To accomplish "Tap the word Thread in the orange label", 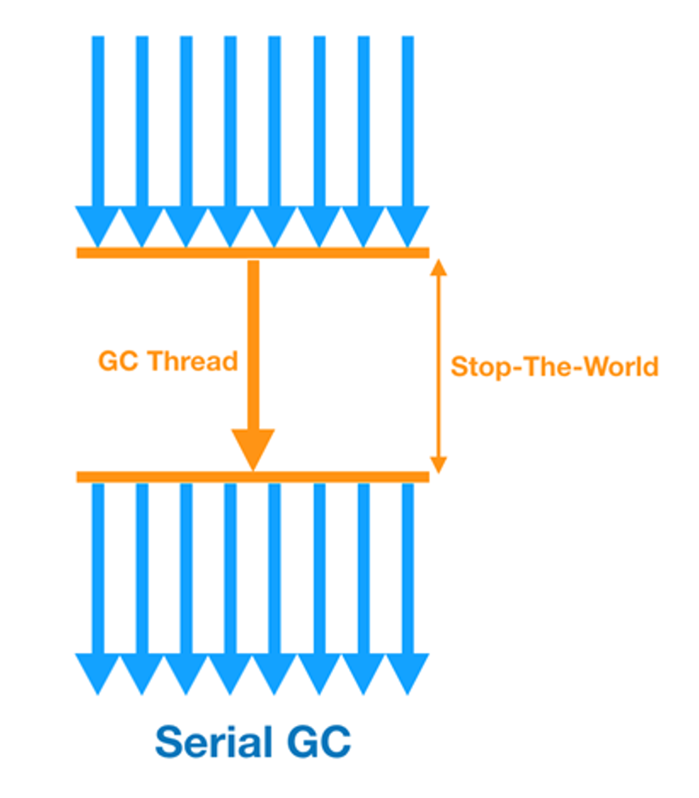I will [x=193, y=361].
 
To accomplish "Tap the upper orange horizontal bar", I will [x=252, y=253].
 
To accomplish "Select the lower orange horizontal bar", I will [x=252, y=477].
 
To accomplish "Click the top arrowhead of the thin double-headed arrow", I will [x=438, y=268].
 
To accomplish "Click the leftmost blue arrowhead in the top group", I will [x=98, y=223].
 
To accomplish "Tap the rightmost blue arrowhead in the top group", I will [x=408, y=223].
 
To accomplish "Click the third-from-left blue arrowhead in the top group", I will [x=186, y=223].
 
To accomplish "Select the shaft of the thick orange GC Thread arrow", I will [x=253, y=342].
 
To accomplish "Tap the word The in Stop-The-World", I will [x=546, y=366].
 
